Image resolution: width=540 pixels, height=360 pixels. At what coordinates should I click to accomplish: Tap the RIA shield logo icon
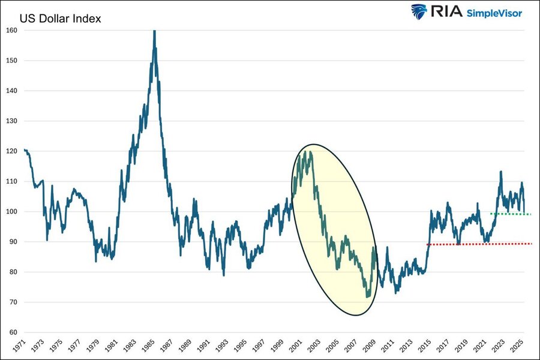coord(419,12)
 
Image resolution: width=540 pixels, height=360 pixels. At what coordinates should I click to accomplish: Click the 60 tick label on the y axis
coord(12,332)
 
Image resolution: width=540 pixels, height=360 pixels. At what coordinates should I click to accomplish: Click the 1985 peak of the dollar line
coord(155,31)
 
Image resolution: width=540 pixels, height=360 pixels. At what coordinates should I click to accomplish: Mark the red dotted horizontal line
coord(480,244)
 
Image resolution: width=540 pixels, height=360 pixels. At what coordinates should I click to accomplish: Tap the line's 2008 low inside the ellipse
coord(367,296)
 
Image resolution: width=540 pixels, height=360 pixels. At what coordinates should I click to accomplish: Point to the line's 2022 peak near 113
coord(500,172)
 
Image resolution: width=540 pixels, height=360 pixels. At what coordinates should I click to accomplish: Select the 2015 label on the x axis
coord(426,347)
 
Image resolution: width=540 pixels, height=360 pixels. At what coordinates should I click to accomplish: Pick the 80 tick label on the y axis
coord(12,272)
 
